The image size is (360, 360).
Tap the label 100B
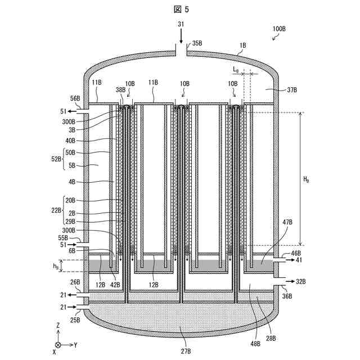click(x=279, y=29)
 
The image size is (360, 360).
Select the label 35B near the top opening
click(x=197, y=43)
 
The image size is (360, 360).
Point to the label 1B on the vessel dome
click(x=243, y=44)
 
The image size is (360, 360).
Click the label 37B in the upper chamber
click(x=292, y=89)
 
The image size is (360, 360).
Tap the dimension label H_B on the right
click(x=306, y=180)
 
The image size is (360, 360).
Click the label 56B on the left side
click(x=74, y=98)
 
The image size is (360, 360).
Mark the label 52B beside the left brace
click(x=56, y=159)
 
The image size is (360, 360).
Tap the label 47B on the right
click(x=287, y=223)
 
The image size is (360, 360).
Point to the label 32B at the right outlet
click(x=301, y=280)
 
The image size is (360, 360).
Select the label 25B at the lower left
click(x=75, y=319)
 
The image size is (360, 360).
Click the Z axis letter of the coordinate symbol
click(x=58, y=326)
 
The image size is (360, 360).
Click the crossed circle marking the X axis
click(x=58, y=344)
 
